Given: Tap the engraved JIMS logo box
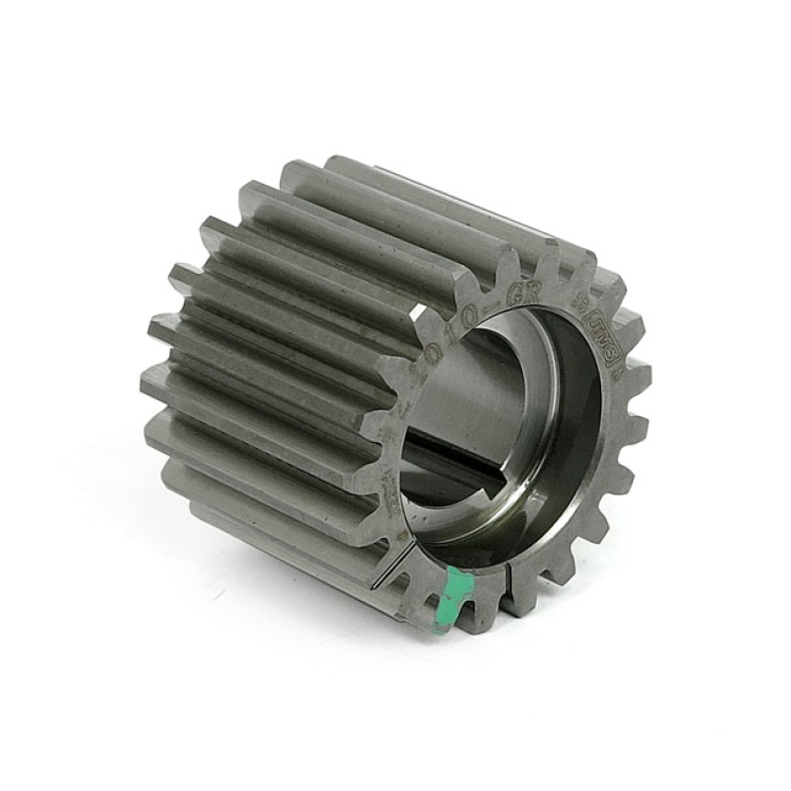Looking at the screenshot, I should tap(597, 325).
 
